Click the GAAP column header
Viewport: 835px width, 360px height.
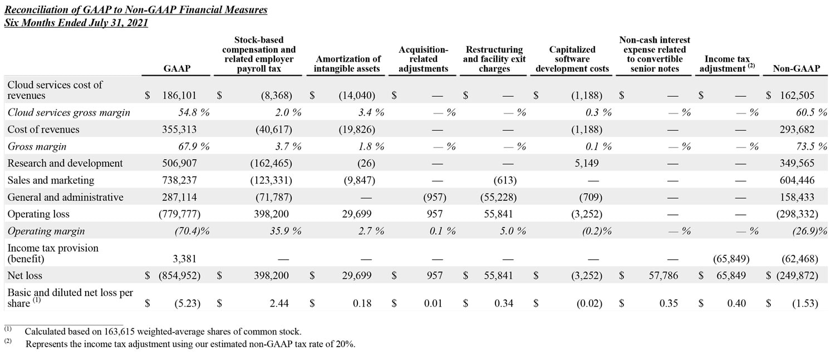coord(177,68)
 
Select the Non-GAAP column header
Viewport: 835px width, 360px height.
coord(796,68)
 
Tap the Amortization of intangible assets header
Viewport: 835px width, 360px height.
coord(347,63)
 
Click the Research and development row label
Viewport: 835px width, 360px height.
coord(65,164)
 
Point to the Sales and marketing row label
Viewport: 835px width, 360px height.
coord(51,180)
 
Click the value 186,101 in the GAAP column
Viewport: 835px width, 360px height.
coord(179,96)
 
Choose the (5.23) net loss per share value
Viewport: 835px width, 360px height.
coord(187,303)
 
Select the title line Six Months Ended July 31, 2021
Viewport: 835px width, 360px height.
coord(76,23)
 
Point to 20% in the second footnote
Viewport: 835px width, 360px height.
coord(345,344)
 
